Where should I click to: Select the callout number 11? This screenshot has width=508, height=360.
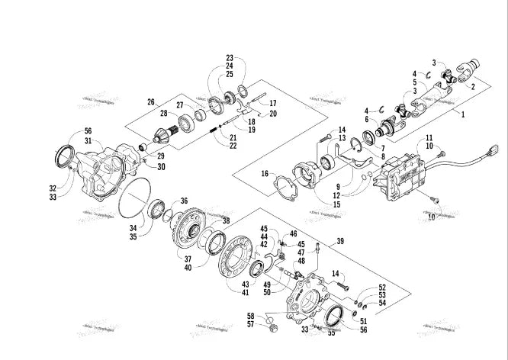(429, 137)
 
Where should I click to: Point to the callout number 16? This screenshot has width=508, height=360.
(265, 175)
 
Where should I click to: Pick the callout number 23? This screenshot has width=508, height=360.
(229, 58)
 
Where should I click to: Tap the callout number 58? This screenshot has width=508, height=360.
(250, 315)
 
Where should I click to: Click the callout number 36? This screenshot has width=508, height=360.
(184, 201)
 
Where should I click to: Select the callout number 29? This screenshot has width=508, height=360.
(161, 156)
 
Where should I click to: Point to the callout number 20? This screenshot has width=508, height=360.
(273, 113)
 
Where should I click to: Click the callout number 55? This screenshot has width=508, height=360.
(331, 333)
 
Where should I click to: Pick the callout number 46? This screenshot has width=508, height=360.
(293, 233)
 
